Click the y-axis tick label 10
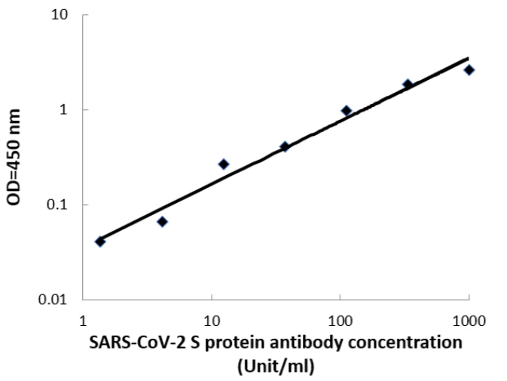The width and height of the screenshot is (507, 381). pos(62,15)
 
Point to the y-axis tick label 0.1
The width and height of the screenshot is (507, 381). pos(60,205)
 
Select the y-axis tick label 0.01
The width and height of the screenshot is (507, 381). pos(57,300)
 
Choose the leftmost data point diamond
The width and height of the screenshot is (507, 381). pos(100,241)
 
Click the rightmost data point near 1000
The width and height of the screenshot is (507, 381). pos(469,70)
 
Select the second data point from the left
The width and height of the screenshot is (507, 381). pos(162,222)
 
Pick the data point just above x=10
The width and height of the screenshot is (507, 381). pos(223,164)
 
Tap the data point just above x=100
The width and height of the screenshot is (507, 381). pos(347,111)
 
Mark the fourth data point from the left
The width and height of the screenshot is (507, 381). pos(285,146)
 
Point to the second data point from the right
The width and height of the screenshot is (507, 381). pos(408,84)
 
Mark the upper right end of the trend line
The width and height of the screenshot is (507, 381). pos(468,58)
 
